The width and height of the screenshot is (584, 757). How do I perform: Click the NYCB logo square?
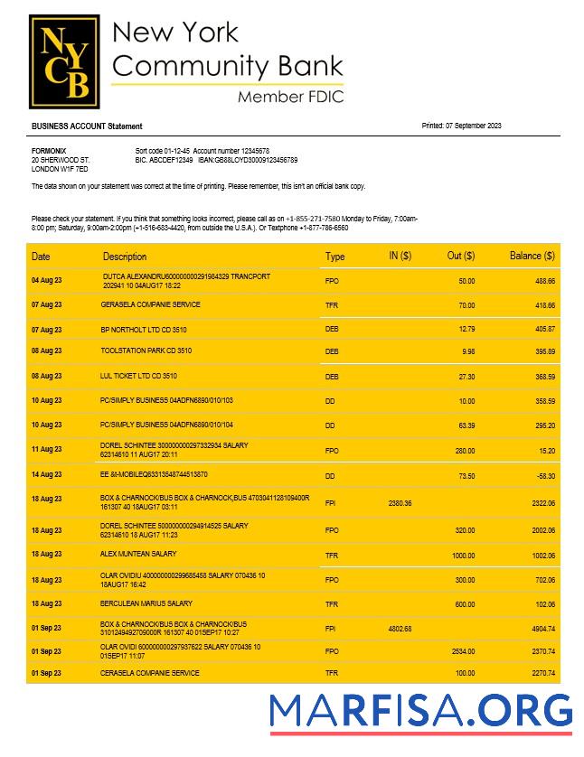coord(62,61)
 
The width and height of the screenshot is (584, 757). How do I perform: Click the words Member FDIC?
coord(290,97)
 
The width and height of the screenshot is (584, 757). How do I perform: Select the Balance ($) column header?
coord(532,257)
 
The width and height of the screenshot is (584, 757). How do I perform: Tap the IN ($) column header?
coord(400,257)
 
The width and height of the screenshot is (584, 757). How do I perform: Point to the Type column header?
coord(334,257)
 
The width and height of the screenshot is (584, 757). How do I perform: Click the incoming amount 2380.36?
coord(400,503)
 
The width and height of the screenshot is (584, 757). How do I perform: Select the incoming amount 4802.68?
coord(400,629)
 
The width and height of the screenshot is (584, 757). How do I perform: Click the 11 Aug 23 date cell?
coord(47,449)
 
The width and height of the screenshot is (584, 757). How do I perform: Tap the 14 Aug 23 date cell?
coord(47,474)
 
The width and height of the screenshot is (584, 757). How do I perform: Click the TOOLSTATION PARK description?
coord(146,350)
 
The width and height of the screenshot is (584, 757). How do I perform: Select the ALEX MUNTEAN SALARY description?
coord(138,554)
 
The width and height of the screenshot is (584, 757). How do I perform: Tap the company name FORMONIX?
coord(49,151)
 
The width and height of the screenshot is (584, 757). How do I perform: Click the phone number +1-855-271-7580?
coord(313,220)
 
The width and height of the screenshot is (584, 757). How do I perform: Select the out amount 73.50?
coord(465,474)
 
